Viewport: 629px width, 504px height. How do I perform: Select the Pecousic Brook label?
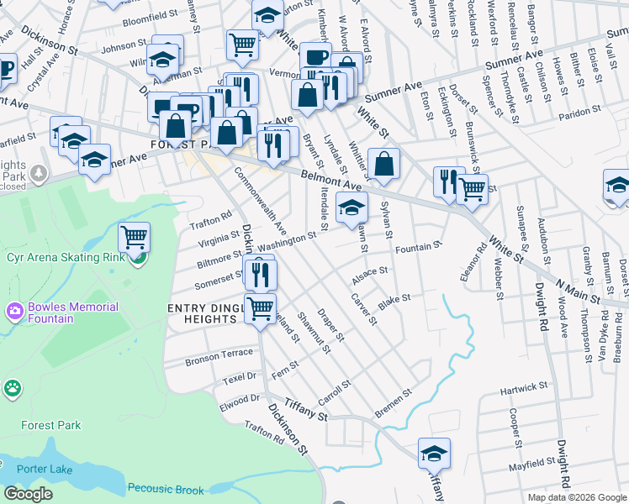point(166,489)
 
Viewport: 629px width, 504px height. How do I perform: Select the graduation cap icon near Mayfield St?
point(434,453)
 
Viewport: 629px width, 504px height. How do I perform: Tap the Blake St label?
point(394,299)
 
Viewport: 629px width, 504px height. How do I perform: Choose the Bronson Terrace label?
point(219,354)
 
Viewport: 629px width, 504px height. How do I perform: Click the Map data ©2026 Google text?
point(577,497)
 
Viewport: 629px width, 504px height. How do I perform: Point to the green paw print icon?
point(12,388)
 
